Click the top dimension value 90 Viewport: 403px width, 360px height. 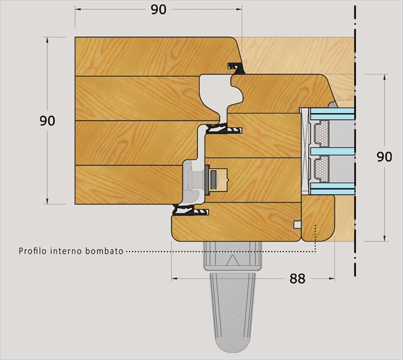pyautogui.click(x=158, y=10)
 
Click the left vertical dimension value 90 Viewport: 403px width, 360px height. pyautogui.click(x=47, y=120)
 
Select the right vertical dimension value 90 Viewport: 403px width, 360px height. pyautogui.click(x=384, y=157)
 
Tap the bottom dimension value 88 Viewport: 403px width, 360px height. pyautogui.click(x=297, y=279)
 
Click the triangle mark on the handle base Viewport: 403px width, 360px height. pyautogui.click(x=233, y=260)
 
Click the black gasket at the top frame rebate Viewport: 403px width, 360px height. pyautogui.click(x=235, y=68)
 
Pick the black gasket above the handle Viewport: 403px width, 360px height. pyautogui.click(x=190, y=211)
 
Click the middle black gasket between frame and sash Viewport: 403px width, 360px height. pyautogui.click(x=224, y=129)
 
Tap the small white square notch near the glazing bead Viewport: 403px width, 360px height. pyautogui.click(x=297, y=225)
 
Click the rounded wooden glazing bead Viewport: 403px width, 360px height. pyautogui.click(x=318, y=218)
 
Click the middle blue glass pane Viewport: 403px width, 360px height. pyautogui.click(x=332, y=151)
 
